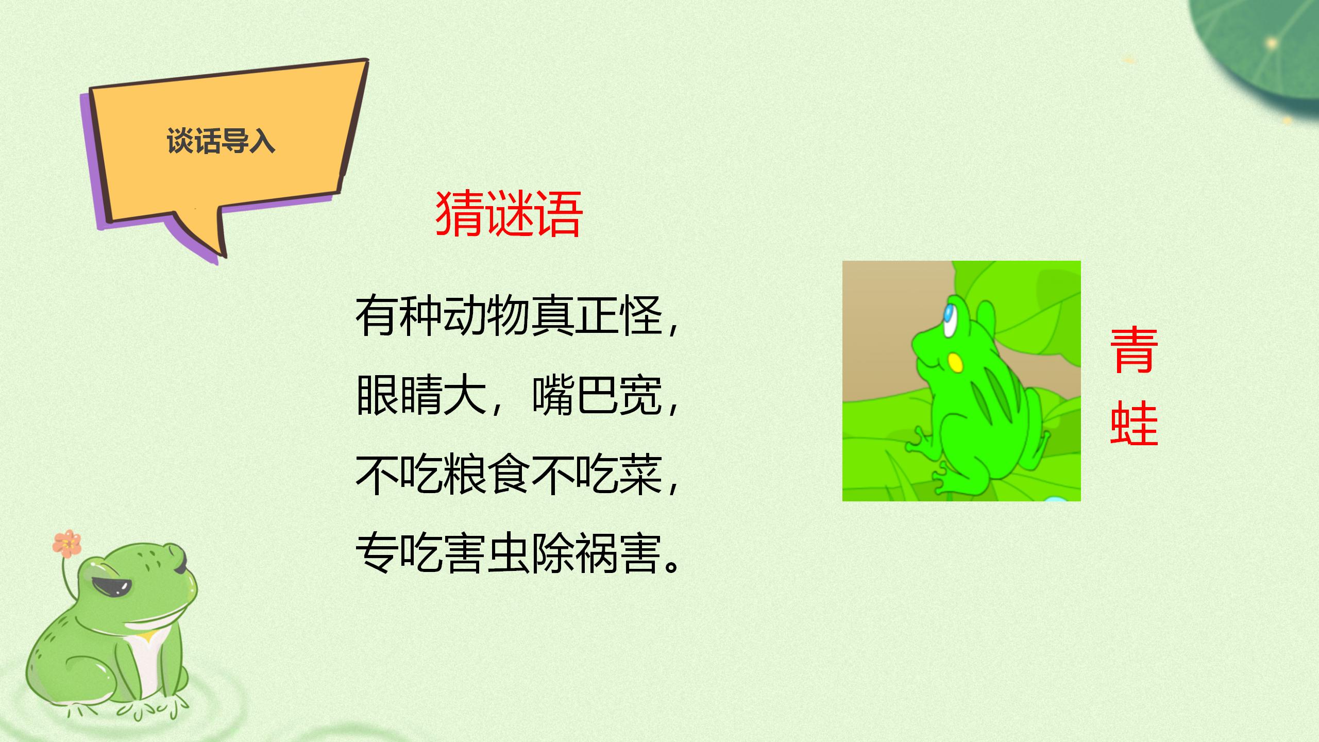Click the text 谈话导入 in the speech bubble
[x=221, y=141]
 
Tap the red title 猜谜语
[x=509, y=214]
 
